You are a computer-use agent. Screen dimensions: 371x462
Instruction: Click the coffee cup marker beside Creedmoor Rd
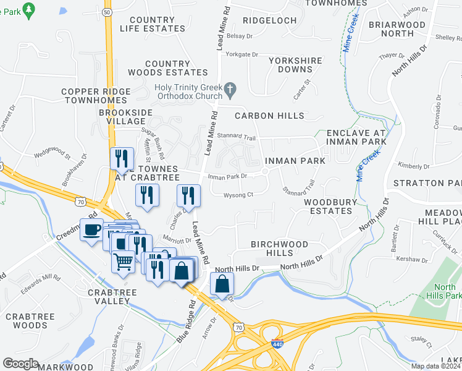pyautogui.click(x=92, y=230)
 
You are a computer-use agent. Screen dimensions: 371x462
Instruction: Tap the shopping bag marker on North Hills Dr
pyautogui.click(x=222, y=284)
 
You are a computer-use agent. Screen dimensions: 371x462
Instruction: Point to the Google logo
pyautogui.click(x=20, y=364)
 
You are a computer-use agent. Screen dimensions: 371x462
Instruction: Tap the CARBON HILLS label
pyautogui.click(x=269, y=116)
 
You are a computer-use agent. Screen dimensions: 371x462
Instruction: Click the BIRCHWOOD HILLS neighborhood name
pyautogui.click(x=279, y=249)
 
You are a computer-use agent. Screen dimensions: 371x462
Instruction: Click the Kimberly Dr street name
pyautogui.click(x=413, y=166)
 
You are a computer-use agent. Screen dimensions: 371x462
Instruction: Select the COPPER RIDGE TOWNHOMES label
pyautogui.click(x=96, y=96)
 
